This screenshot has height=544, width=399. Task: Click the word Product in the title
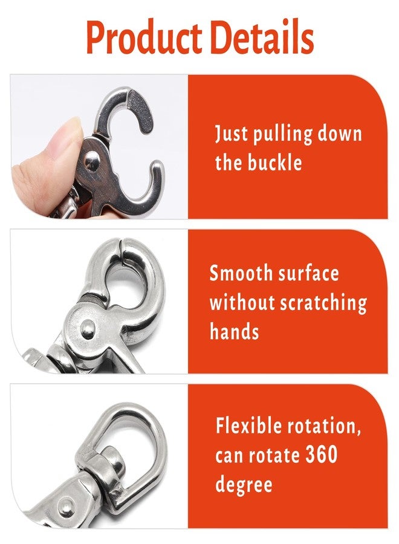point(144,37)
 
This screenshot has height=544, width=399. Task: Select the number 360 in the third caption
point(322,455)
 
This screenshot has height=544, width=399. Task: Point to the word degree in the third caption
point(244,484)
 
